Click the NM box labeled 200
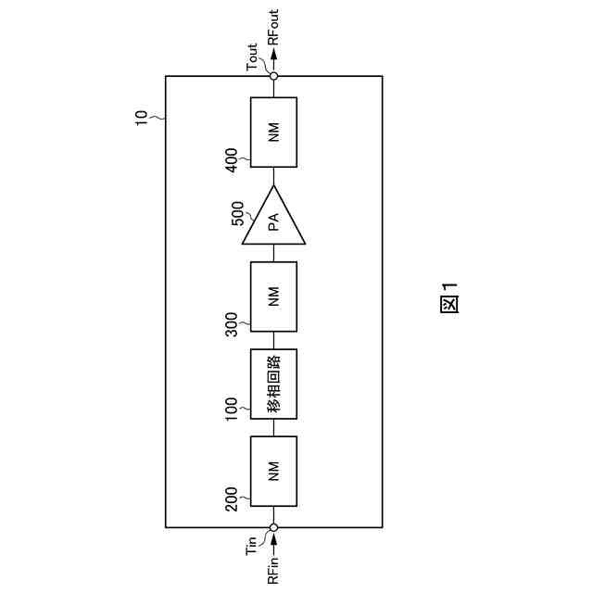pyautogui.click(x=273, y=471)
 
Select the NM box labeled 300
pyautogui.click(x=273, y=296)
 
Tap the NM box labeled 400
pyautogui.click(x=273, y=132)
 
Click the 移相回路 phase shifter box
pyautogui.click(x=273, y=384)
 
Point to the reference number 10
pyautogui.click(x=141, y=117)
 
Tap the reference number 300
pyautogui.click(x=232, y=322)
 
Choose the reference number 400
pyautogui.click(x=232, y=158)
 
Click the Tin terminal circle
pyautogui.click(x=273, y=527)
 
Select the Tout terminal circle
pyautogui.click(x=273, y=76)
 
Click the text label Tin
pyautogui.click(x=251, y=546)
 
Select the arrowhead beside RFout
pyautogui.click(x=273, y=57)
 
